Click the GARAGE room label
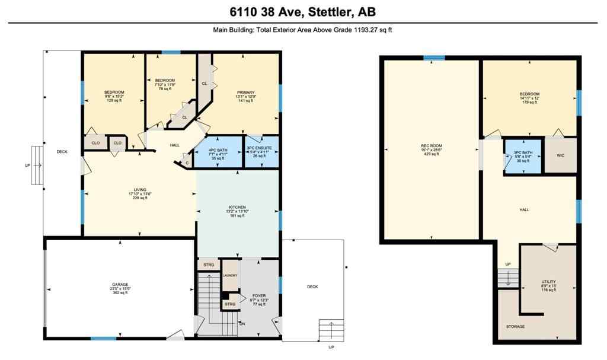click(x=120, y=284)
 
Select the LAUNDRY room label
click(x=230, y=275)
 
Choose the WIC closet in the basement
click(x=560, y=156)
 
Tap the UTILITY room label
click(x=548, y=282)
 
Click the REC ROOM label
click(x=432, y=146)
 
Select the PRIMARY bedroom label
click(x=245, y=93)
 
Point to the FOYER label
click(x=259, y=295)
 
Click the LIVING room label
click(x=139, y=190)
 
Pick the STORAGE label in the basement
click(x=515, y=327)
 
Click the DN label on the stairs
click(x=241, y=324)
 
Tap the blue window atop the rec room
click(x=434, y=58)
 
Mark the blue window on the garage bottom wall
click(x=103, y=339)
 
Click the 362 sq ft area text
click(x=120, y=293)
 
